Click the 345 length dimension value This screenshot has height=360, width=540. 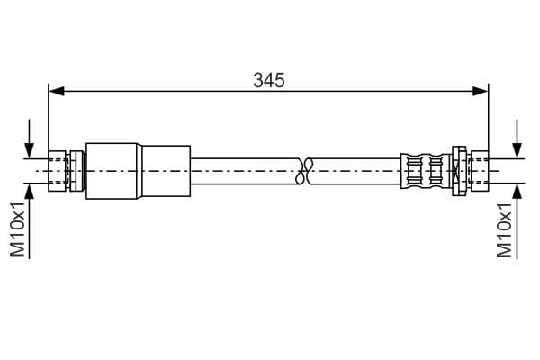pos(269,80)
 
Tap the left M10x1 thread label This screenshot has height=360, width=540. pos(18,229)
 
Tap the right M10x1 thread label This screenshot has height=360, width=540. pos(504,229)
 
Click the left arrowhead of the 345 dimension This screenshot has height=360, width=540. pos(57,91)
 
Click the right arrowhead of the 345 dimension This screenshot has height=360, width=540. pos(481,91)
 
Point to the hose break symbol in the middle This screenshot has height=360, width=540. pos(303,171)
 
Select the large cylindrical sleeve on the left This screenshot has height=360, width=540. pos(112,171)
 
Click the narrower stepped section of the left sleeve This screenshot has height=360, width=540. pos(165,171)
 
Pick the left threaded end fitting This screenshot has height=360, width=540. pos(58,171)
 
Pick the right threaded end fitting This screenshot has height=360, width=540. pos(479,171)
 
